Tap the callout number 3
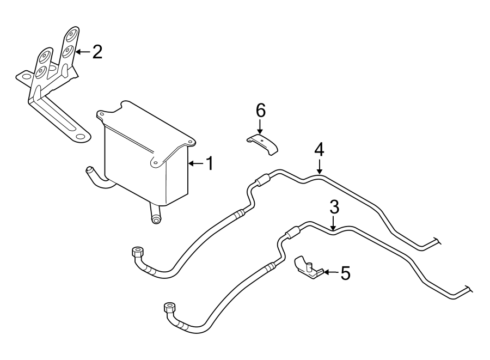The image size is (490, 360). click(334, 207)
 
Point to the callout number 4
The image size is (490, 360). click(319, 149)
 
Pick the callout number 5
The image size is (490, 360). click(345, 272)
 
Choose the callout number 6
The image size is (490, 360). click(261, 111)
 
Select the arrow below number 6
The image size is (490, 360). click(261, 127)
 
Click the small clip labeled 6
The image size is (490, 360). click(262, 144)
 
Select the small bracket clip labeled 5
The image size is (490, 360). click(309, 267)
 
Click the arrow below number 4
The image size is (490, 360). click(319, 166)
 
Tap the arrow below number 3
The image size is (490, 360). click(334, 223)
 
